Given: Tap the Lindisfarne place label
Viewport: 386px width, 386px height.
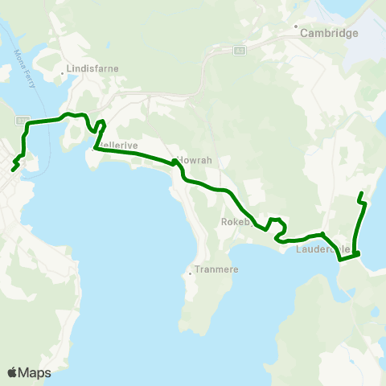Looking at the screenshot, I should pyautogui.click(x=93, y=68).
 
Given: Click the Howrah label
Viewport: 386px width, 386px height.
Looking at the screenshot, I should pyautogui.click(x=195, y=160).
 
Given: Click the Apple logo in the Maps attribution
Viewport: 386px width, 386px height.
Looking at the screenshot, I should pyautogui.click(x=12, y=372).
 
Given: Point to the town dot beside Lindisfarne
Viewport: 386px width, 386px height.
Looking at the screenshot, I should pyautogui.click(x=63, y=76).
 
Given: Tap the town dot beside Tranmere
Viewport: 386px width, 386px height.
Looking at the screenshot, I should pyautogui.click(x=190, y=273).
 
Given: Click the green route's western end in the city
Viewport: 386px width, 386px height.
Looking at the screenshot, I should pyautogui.click(x=13, y=170).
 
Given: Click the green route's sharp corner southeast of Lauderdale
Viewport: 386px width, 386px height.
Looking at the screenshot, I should pyautogui.click(x=357, y=255).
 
